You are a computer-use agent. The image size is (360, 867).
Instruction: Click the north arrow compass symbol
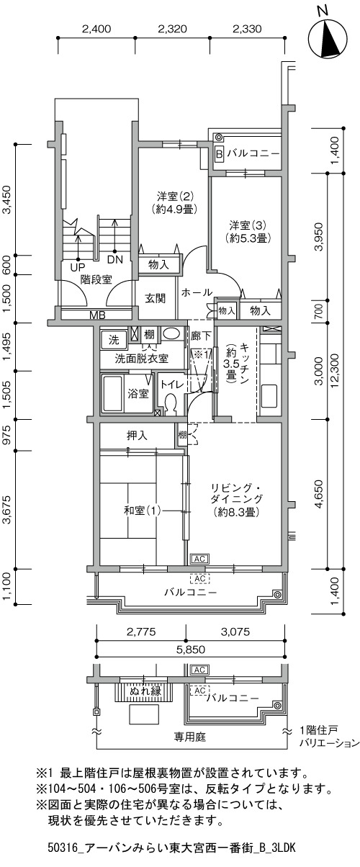point(328,38)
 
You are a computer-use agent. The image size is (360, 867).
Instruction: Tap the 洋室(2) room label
point(176,195)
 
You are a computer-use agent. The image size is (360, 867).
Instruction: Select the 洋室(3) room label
point(248,225)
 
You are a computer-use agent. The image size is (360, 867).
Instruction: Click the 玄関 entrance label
point(156,298)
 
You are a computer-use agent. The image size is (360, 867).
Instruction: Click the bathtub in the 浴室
point(112,394)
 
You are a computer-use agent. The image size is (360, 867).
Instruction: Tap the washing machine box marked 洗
point(114,339)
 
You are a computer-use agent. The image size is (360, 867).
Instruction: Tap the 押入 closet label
point(137,436)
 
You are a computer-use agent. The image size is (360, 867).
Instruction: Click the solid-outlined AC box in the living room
point(199,559)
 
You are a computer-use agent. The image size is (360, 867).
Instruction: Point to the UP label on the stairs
point(78,267)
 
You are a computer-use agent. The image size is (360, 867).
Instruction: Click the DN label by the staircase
point(115,260)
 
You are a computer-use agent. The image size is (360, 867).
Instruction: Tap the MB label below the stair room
point(97,315)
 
